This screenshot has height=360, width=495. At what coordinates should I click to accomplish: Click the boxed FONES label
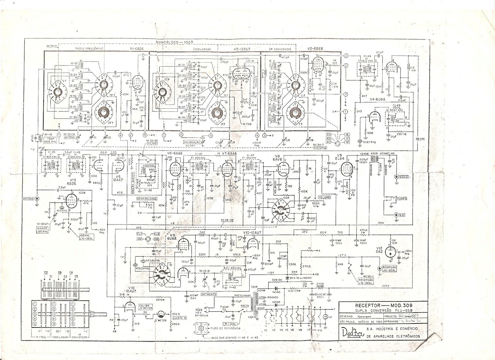click(403, 198)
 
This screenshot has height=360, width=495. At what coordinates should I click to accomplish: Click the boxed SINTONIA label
click(327, 148)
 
